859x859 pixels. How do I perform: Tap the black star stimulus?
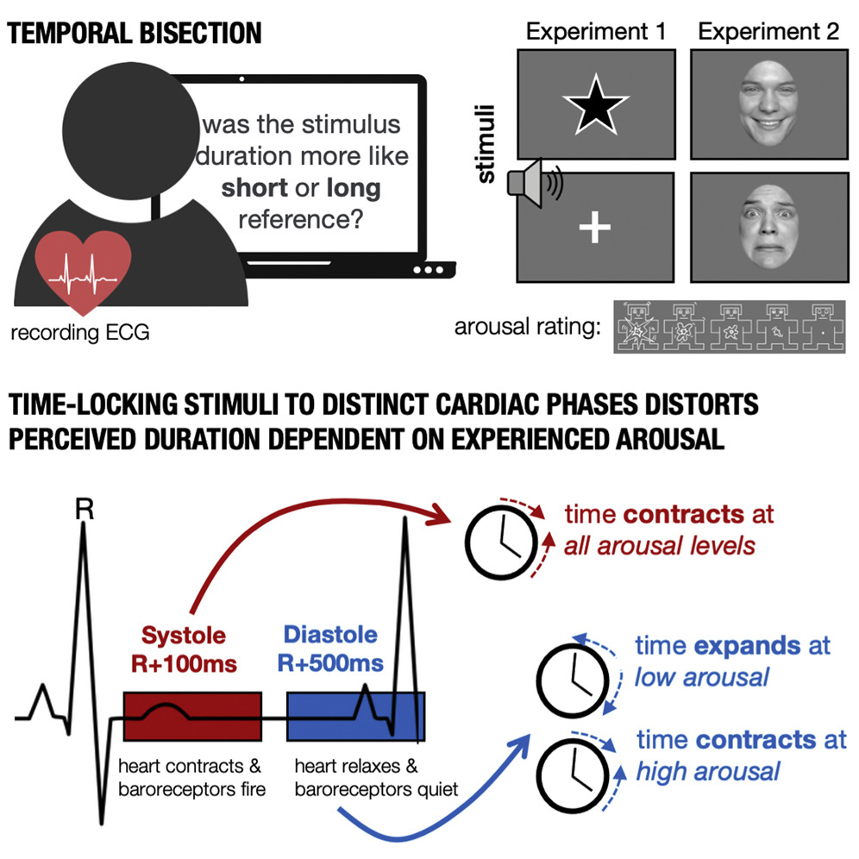click(592, 104)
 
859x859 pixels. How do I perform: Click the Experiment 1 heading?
click(596, 33)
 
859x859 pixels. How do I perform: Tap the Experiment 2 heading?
click(768, 33)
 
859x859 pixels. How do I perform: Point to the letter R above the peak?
click(84, 511)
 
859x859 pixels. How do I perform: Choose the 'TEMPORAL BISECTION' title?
click(135, 33)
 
